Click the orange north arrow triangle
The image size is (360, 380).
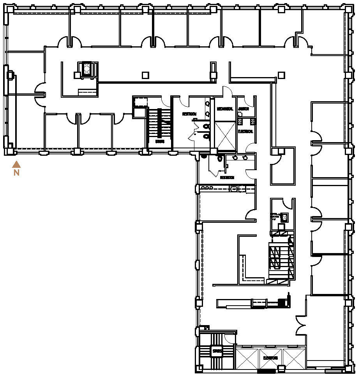(16, 164)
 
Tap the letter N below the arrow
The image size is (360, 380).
(16, 172)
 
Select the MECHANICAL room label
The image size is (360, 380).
(224, 109)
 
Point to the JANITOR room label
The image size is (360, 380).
(244, 109)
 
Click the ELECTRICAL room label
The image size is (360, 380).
(245, 132)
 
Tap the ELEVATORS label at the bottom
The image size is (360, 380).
(270, 357)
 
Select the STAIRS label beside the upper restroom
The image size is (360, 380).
(159, 141)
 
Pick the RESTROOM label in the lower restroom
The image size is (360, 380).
(227, 177)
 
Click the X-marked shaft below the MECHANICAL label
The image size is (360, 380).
(226, 135)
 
